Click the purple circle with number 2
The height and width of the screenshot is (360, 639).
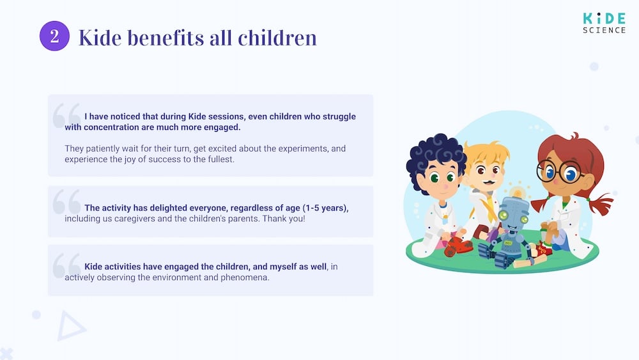point(54,36)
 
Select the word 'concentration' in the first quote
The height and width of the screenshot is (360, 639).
point(112,127)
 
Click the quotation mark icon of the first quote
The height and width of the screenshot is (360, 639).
point(66,115)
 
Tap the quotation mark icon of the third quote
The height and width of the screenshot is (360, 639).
point(66,265)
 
